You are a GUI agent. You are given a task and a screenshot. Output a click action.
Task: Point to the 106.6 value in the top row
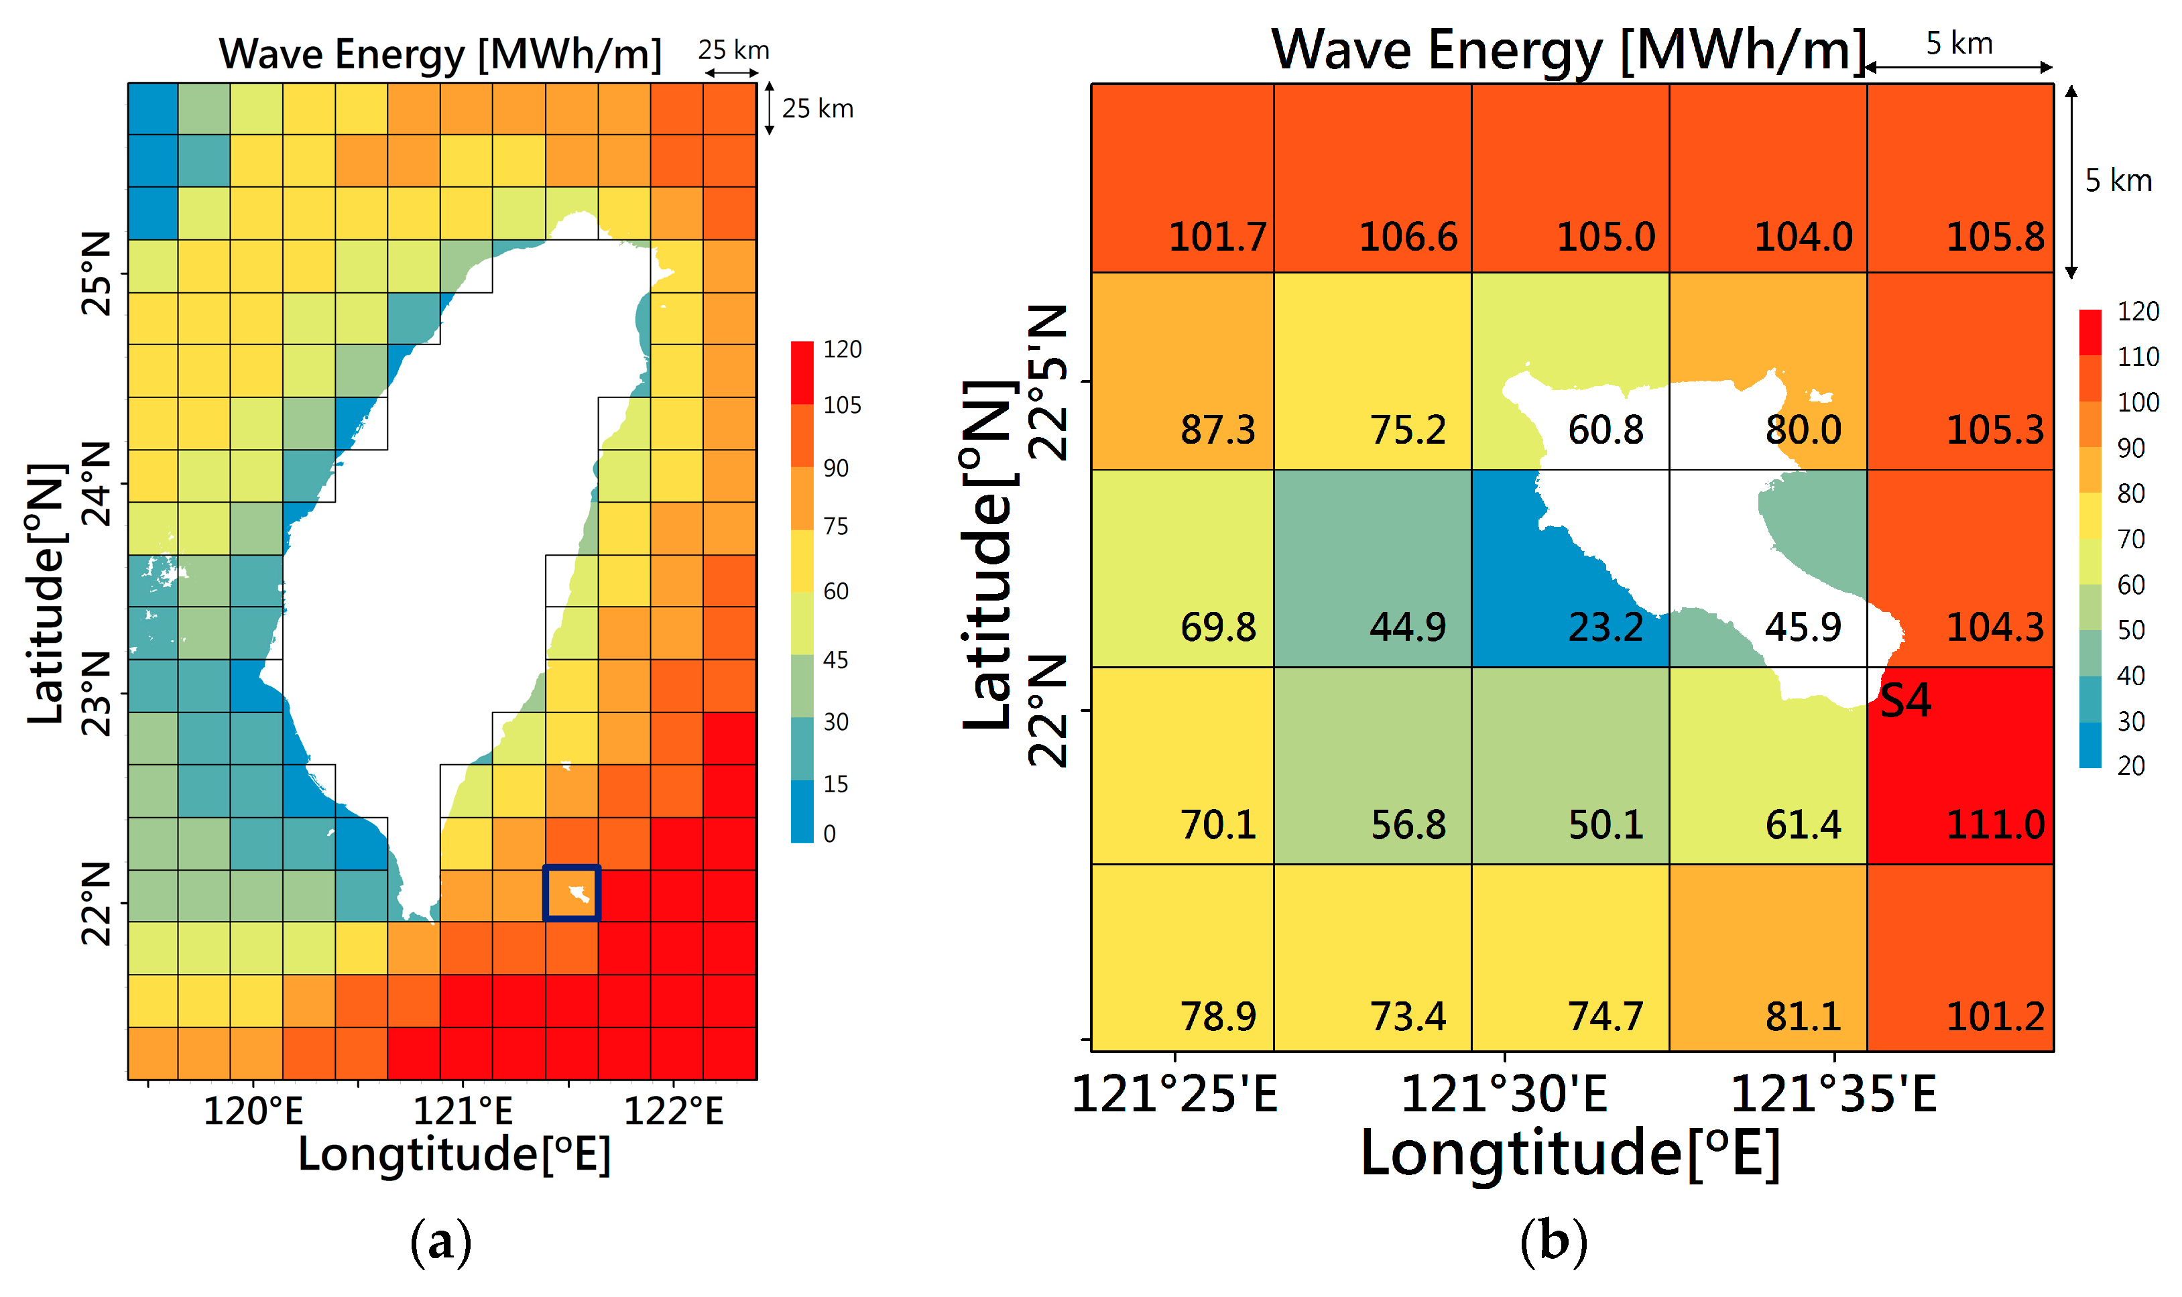click(x=1407, y=236)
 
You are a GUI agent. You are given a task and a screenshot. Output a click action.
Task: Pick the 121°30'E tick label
click(x=1503, y=1093)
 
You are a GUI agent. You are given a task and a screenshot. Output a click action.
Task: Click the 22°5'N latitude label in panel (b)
click(x=1048, y=382)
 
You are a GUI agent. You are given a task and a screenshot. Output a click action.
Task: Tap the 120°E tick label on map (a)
click(x=253, y=1111)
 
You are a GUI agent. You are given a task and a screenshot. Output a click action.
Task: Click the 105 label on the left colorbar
click(x=841, y=405)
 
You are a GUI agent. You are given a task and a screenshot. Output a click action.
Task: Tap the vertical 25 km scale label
click(x=816, y=109)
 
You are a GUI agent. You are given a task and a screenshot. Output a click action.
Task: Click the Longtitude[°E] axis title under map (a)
click(x=454, y=1154)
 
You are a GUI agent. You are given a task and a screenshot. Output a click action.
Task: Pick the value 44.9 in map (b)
click(x=1407, y=627)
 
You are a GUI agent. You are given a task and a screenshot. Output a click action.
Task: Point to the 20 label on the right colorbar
click(x=2130, y=765)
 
